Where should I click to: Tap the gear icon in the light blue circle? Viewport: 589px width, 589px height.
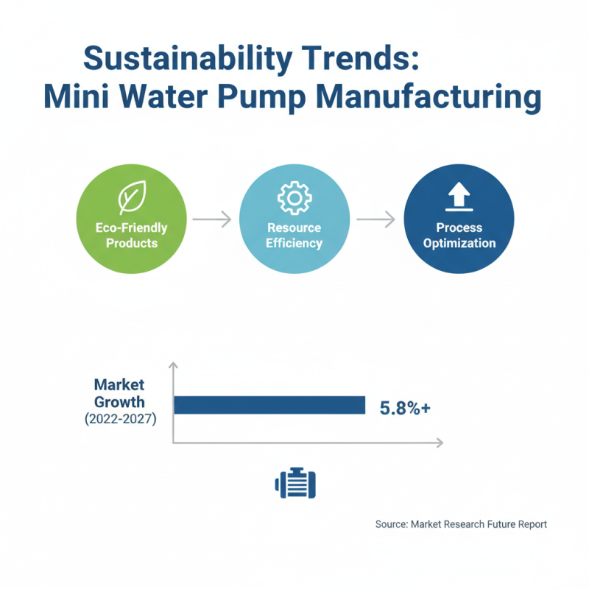click(294, 198)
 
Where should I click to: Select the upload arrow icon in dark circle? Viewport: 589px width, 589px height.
click(459, 196)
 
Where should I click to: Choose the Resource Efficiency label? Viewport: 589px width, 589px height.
click(294, 236)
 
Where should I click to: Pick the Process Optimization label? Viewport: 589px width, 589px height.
click(459, 236)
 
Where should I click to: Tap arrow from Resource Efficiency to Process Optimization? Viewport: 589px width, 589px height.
click(376, 219)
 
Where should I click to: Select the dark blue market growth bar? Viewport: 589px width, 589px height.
click(269, 405)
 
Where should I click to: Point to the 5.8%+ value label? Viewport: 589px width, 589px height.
click(404, 407)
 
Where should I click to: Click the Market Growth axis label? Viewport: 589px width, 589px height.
click(119, 394)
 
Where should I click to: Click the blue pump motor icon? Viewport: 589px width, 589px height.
click(294, 483)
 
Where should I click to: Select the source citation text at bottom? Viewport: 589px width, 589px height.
click(461, 525)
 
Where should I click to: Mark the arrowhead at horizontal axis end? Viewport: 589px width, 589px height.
click(439, 442)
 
